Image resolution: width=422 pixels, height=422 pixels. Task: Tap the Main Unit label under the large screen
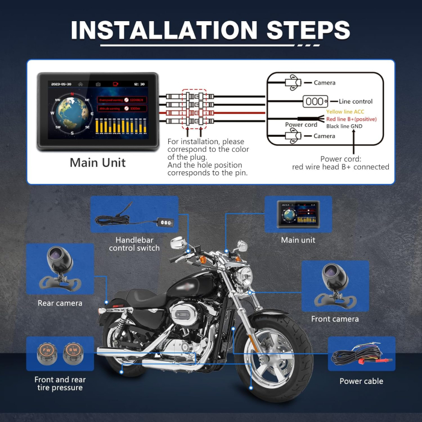pos(98,162)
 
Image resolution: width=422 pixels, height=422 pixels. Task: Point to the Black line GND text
pos(351,127)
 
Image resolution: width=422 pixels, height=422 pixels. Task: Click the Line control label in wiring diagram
pos(356,102)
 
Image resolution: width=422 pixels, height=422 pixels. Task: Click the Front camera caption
pos(335,319)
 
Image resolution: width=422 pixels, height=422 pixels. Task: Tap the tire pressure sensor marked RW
pos(72,353)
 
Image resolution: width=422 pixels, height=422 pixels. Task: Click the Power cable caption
pos(361,381)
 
